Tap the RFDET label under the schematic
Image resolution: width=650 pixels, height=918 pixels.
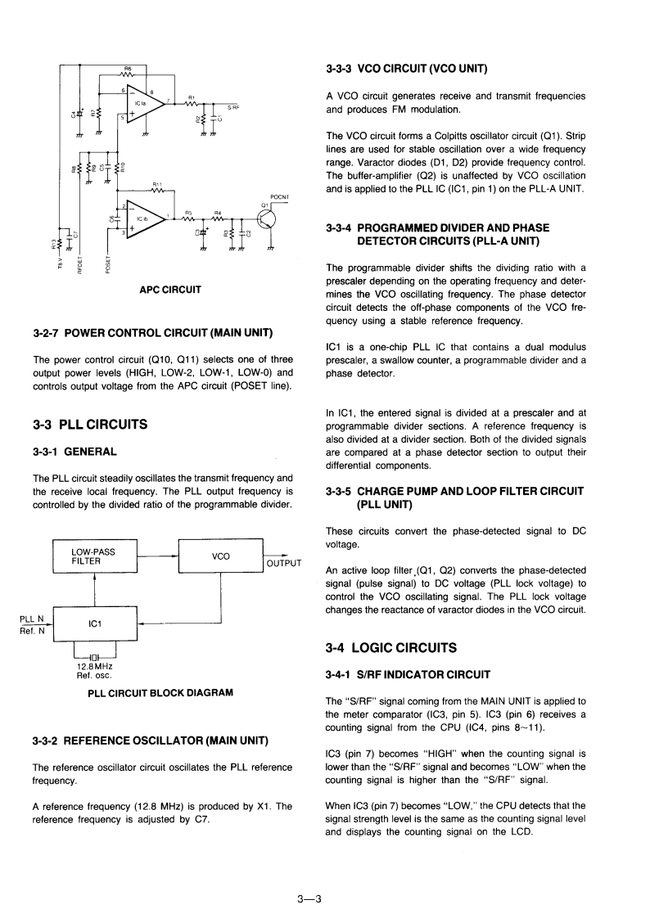pyautogui.click(x=79, y=265)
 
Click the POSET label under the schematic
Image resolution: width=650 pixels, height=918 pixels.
pyautogui.click(x=107, y=265)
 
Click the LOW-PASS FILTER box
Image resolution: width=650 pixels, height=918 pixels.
pyautogui.click(x=94, y=556)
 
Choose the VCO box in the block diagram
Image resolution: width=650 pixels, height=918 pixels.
pyautogui.click(x=220, y=556)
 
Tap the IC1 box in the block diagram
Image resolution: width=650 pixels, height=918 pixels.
pyautogui.click(x=94, y=624)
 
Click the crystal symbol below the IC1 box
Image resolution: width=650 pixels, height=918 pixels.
pyautogui.click(x=95, y=656)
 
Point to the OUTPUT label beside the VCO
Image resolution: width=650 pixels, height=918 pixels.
pyautogui.click(x=283, y=563)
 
